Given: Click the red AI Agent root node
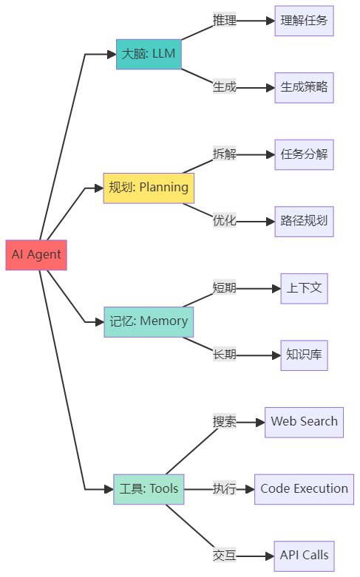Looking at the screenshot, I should pyautogui.click(x=36, y=255).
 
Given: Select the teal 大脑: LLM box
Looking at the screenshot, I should pyautogui.click(x=149, y=55).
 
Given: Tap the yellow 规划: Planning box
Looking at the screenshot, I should pyautogui.click(x=149, y=188).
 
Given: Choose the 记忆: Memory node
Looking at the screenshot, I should pyautogui.click(x=149, y=321).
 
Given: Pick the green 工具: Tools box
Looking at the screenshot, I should pyautogui.click(x=149, y=489).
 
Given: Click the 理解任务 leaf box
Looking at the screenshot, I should pyautogui.click(x=304, y=21).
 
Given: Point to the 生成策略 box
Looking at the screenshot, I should pyautogui.click(x=304, y=87).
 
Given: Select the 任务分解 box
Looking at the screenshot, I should pyautogui.click(x=304, y=154).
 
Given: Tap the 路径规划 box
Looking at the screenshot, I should pyautogui.click(x=304, y=221).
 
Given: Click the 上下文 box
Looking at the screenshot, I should pyautogui.click(x=304, y=288).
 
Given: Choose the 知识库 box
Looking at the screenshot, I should pyautogui.click(x=304, y=355).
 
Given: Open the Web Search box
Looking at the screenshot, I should pyautogui.click(x=304, y=422).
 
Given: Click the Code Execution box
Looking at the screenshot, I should pyautogui.click(x=304, y=489).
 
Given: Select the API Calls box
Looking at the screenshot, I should pyautogui.click(x=304, y=556).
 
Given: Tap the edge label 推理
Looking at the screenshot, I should pyautogui.click(x=224, y=21).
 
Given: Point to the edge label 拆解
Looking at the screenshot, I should pyautogui.click(x=224, y=154).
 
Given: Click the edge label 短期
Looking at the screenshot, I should pyautogui.click(x=224, y=288).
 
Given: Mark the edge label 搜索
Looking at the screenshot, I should pyautogui.click(x=224, y=422).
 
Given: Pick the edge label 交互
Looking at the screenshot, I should pyautogui.click(x=224, y=556).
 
